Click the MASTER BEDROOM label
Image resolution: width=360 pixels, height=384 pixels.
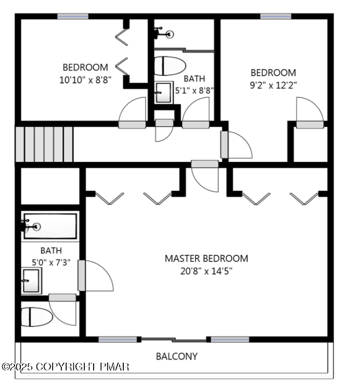[x=206, y=259]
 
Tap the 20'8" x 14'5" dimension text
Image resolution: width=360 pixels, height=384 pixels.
[x=206, y=271]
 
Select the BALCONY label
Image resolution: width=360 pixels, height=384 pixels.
[x=176, y=356]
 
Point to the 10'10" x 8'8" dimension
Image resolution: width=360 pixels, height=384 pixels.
[x=85, y=80]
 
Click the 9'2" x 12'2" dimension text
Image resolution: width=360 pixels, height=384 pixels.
[x=273, y=85]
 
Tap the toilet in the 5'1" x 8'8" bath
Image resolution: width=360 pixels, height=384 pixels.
[x=170, y=66]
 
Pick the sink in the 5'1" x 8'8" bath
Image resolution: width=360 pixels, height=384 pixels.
[x=163, y=93]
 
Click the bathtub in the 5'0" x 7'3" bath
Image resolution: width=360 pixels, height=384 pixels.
[x=50, y=226]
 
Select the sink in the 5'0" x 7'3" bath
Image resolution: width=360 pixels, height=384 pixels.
[x=31, y=280]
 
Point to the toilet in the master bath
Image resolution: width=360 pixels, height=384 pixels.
[x=37, y=317]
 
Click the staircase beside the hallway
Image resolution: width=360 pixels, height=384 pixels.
[x=44, y=144]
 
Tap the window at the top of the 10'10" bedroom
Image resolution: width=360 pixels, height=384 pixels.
[x=73, y=17]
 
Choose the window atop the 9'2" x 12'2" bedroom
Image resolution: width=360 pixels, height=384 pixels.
[x=276, y=17]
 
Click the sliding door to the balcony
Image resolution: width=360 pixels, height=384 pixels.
[x=174, y=340]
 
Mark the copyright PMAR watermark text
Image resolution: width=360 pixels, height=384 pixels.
[x=66, y=367]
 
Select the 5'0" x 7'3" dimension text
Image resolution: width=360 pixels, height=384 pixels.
[x=51, y=263]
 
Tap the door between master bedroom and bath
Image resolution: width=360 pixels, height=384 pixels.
[x=96, y=276]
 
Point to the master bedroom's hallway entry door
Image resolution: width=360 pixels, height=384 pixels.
[x=205, y=176]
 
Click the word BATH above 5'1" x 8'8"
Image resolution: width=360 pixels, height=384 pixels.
[x=194, y=79]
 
